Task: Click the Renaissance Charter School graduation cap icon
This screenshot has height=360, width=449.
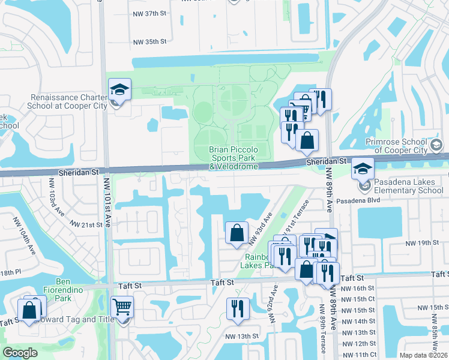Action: [119, 90]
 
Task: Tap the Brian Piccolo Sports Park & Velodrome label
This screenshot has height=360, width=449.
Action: [234, 158]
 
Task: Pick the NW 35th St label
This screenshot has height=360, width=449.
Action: [149, 42]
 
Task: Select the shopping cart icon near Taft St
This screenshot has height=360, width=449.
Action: [122, 307]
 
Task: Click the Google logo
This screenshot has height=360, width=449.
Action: [20, 352]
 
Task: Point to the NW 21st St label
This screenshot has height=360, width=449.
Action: [86, 224]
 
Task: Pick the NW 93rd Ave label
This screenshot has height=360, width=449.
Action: [261, 228]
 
